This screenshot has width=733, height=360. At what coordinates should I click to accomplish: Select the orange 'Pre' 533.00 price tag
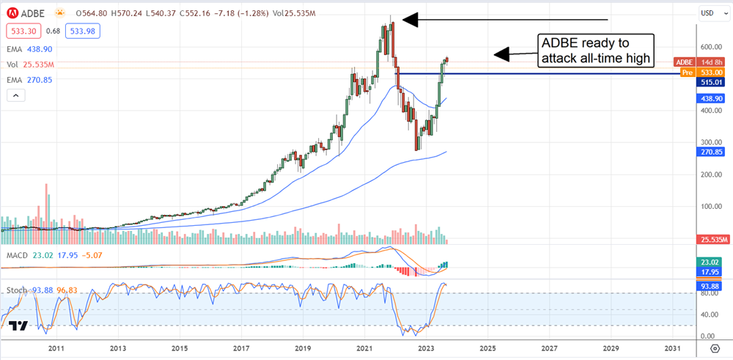click(x=705, y=73)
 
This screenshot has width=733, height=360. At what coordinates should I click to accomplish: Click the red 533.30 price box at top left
click(x=23, y=31)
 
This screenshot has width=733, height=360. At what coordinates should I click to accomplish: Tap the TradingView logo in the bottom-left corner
click(x=20, y=327)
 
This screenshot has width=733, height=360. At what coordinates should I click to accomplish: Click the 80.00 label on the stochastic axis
click(x=708, y=293)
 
